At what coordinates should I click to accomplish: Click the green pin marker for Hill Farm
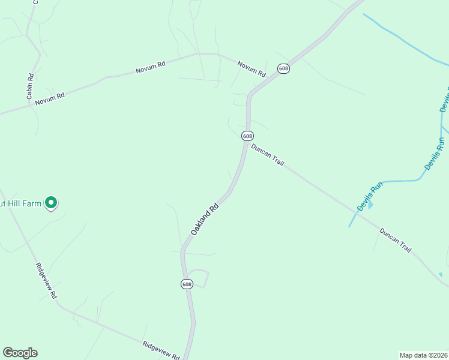51,203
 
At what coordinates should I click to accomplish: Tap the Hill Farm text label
21,204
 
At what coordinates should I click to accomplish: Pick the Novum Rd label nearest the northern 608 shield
251,68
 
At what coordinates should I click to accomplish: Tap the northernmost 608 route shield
284,69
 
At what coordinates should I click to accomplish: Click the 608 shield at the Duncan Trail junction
247,136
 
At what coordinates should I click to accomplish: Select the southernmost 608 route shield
187,284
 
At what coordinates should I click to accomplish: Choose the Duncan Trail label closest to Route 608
267,155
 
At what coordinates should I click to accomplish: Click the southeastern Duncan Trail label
395,239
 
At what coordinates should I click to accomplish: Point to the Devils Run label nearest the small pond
369,197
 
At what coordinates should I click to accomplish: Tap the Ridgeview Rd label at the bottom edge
161,350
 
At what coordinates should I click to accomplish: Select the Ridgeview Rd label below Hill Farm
46,281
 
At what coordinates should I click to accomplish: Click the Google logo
20,353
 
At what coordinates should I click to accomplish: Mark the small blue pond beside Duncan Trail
370,205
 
